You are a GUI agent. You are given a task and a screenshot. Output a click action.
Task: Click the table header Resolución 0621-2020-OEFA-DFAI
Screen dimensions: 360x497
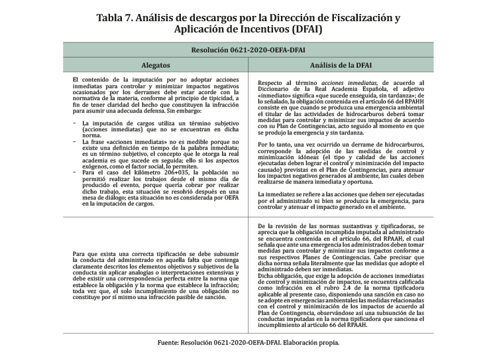click(x=248, y=50)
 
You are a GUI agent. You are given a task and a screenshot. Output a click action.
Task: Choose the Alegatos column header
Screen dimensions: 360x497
click(x=156, y=66)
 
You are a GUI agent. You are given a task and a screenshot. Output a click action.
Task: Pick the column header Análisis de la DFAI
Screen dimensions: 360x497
click(x=341, y=66)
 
